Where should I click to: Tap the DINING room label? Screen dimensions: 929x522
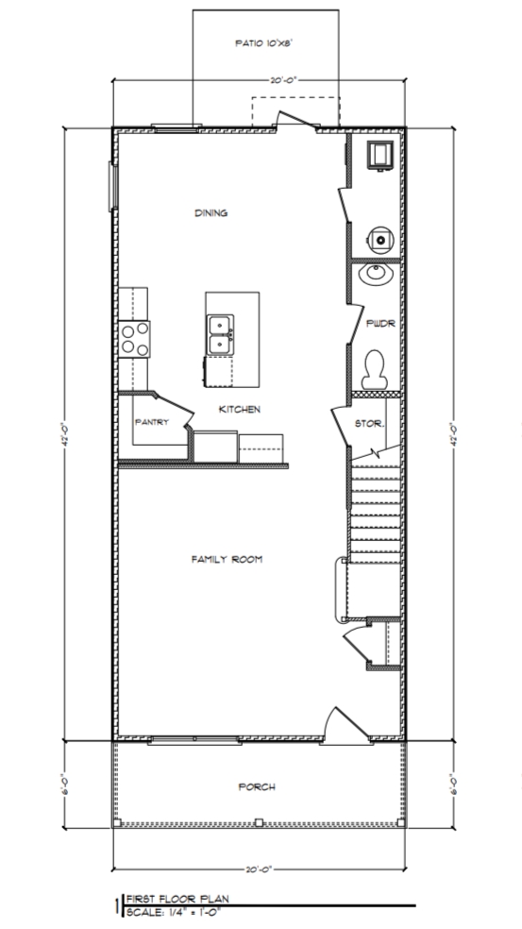point(211,213)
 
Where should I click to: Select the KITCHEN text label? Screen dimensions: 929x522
point(240,409)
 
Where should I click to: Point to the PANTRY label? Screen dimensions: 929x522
point(151,422)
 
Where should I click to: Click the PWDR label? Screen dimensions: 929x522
point(378,324)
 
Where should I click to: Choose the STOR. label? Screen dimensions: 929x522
point(369,424)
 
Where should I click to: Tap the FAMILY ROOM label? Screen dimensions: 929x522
point(227,560)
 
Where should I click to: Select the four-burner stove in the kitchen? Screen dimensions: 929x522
point(134,339)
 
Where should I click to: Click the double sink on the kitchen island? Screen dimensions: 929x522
point(220,334)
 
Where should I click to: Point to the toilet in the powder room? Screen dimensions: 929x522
point(375,367)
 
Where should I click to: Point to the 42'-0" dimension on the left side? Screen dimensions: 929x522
point(65,435)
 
